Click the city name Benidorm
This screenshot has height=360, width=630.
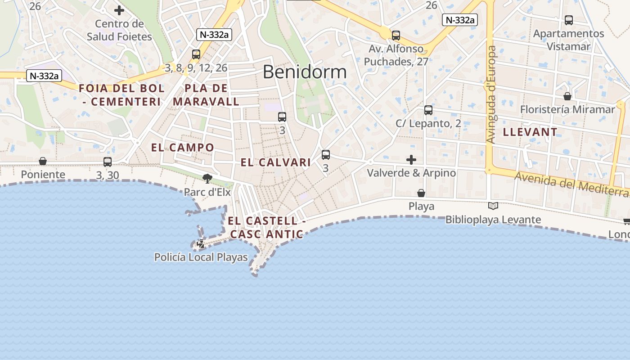305,72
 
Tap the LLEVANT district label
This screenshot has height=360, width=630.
530,132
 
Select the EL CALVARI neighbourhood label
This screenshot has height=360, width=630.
275,162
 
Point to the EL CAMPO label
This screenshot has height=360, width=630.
183,148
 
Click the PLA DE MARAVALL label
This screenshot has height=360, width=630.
206,94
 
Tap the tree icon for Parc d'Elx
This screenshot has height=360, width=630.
207,179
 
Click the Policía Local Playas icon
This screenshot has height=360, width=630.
201,244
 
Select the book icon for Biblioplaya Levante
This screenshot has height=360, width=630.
493,206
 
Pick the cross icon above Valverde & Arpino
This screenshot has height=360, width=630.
411,160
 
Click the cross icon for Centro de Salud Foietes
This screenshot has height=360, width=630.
119,10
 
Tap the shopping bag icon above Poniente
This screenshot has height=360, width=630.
43,161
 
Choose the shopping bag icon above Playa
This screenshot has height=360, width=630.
421,193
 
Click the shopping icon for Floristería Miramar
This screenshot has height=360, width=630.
567,96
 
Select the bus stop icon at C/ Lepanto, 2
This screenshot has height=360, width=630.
428,110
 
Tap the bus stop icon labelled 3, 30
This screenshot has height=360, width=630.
108,162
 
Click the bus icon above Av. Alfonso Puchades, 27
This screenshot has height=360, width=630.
396,35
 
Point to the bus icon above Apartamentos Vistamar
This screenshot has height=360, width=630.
569,20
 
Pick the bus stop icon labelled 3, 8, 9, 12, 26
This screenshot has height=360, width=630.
196,54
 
